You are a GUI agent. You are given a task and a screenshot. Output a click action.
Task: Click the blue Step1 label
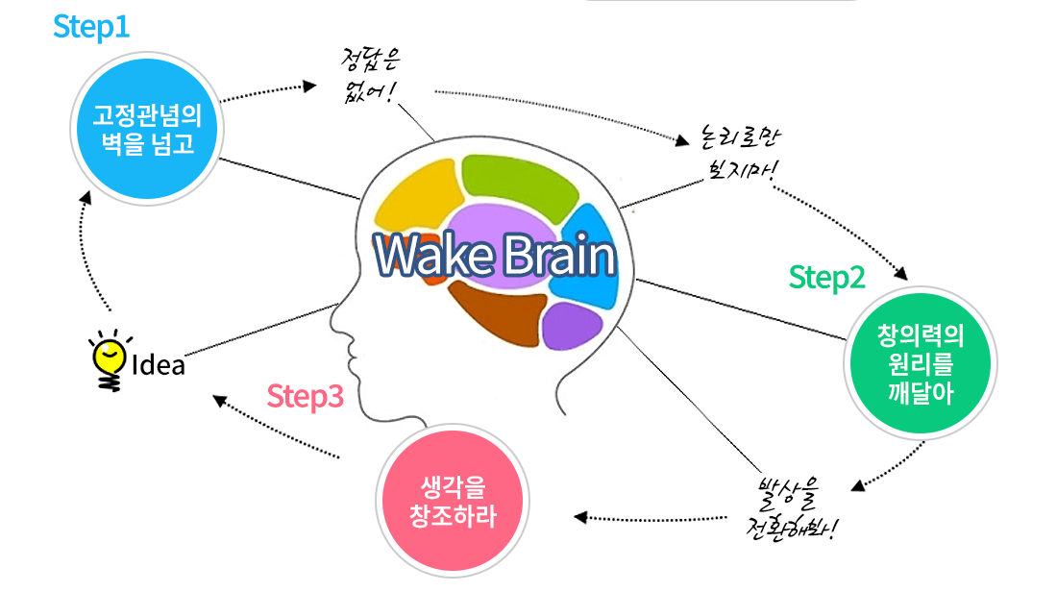[x=91, y=27]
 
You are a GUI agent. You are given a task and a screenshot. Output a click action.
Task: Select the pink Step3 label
[x=305, y=396]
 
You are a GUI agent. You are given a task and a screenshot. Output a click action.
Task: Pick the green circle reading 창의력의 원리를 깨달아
[x=920, y=362]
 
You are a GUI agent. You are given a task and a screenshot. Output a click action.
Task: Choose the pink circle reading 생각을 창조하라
[x=453, y=500]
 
